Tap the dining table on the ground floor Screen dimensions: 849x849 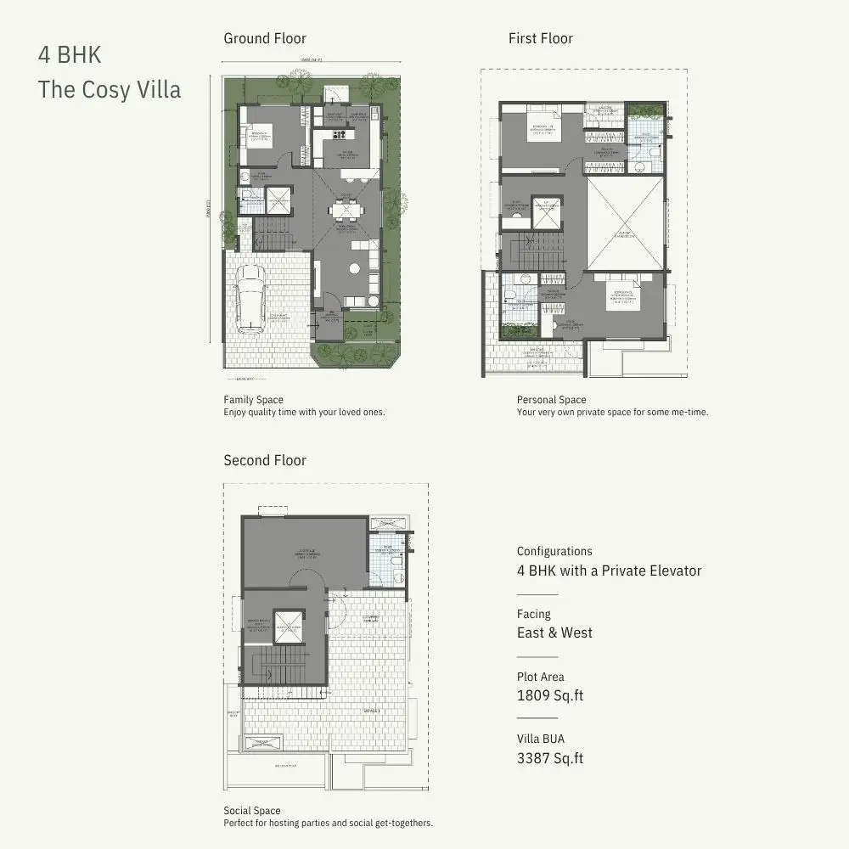point(345,209)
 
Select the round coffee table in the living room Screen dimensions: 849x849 point(354,271)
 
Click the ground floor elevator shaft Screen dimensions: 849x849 point(278,201)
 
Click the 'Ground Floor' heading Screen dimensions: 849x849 point(265,38)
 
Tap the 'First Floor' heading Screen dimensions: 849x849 point(540,38)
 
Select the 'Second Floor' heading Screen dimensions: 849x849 point(265,460)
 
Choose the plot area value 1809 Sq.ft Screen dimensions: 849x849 point(550,696)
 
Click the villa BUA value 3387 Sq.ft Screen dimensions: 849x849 point(550,758)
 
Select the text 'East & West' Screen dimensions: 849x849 point(554,633)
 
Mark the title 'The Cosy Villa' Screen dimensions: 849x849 point(110,89)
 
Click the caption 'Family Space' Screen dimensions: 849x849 point(253,400)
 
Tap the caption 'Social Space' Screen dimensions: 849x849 point(251,811)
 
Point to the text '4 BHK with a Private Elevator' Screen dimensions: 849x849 point(609,571)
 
